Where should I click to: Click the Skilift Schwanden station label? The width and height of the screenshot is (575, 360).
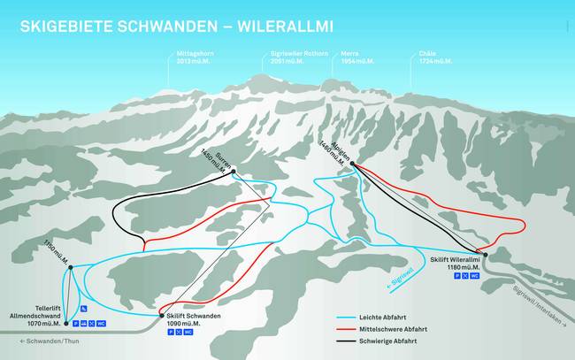(x=192, y=319)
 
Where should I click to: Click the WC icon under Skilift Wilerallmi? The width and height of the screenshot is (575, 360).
(x=475, y=277)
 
